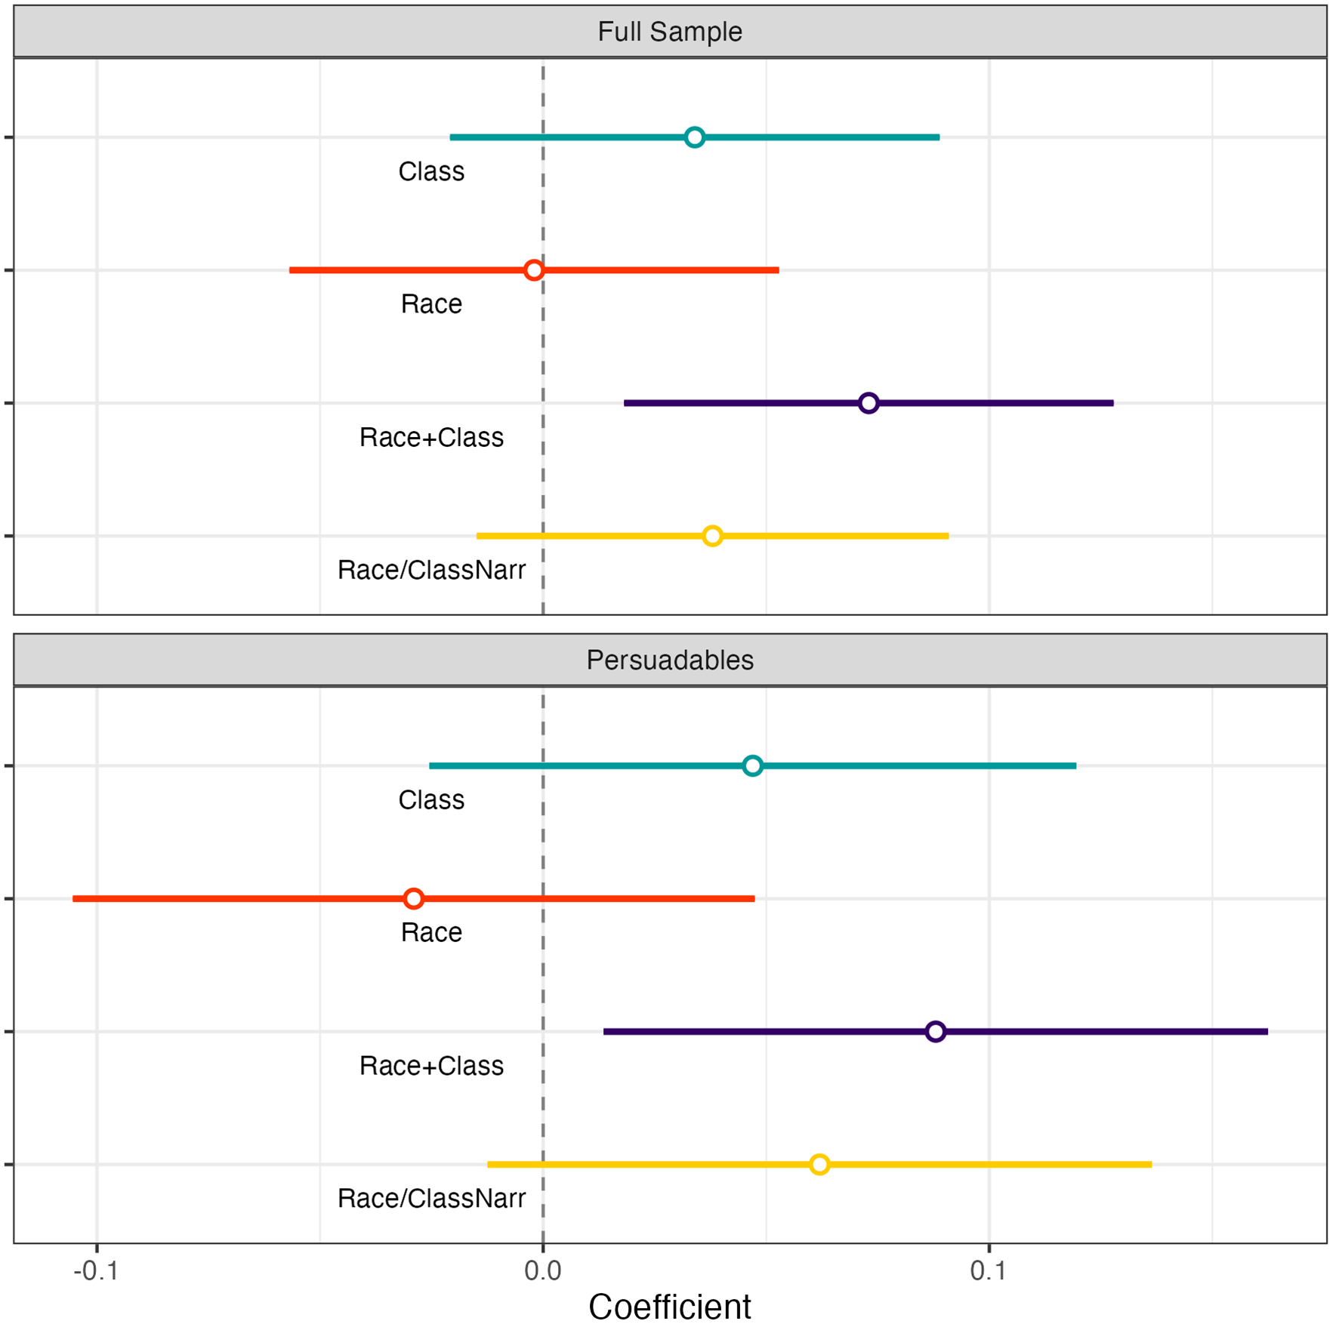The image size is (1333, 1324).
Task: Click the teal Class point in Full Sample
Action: [x=694, y=137]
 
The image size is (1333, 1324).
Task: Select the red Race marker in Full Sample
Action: [x=534, y=270]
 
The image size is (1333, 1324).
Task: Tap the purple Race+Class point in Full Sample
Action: [x=869, y=403]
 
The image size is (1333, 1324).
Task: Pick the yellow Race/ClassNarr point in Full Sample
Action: [x=712, y=536]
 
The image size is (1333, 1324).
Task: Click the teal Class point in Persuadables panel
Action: [x=752, y=766]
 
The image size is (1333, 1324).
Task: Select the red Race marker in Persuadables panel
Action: [x=413, y=899]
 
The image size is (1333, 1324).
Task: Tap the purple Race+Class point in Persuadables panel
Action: [x=936, y=1032]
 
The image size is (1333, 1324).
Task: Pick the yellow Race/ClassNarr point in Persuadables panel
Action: [x=819, y=1165]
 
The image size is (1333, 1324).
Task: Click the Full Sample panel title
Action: [x=670, y=32]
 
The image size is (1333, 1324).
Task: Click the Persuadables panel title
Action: [x=670, y=660]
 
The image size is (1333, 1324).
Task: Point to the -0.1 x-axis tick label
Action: [x=96, y=1271]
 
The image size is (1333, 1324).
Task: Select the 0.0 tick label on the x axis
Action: [x=542, y=1271]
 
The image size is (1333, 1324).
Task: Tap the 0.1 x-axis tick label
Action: [x=989, y=1271]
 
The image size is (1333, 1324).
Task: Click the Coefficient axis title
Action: [x=670, y=1307]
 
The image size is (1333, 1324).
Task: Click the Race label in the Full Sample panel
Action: [x=431, y=304]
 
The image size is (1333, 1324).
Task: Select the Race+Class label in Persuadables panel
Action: [x=431, y=1066]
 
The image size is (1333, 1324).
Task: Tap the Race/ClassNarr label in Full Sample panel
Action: [x=431, y=570]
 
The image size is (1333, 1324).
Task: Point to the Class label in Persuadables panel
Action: [x=431, y=800]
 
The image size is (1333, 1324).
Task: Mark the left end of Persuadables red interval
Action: [x=74, y=899]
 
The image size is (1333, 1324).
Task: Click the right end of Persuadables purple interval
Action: [x=1267, y=1032]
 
